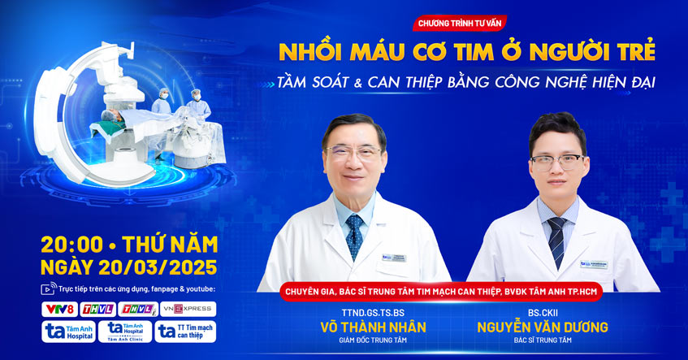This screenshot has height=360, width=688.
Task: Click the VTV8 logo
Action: click(x=59, y=309)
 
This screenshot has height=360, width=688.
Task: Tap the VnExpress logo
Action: click(x=188, y=309)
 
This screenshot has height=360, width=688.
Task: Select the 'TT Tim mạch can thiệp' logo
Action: click(x=185, y=332)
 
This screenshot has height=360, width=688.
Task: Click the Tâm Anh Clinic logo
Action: click(x=124, y=332)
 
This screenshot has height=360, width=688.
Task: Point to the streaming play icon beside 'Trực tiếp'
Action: click(x=46, y=288)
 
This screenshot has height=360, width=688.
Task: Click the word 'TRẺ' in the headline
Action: click(x=630, y=51)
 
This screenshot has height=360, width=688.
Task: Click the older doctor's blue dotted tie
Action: click(x=355, y=236)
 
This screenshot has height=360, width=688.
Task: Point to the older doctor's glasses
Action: click(x=353, y=152)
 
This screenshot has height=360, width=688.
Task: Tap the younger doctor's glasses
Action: click(x=557, y=160)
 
